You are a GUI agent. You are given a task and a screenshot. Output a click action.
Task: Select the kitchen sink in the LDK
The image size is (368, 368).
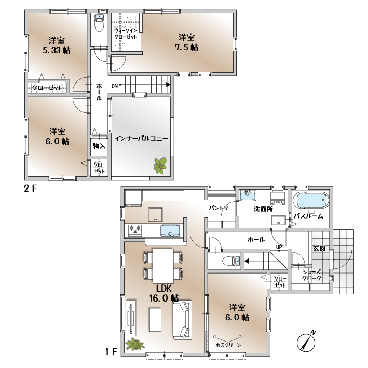170,230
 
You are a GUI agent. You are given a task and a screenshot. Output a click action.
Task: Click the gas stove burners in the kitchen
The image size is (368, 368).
135,230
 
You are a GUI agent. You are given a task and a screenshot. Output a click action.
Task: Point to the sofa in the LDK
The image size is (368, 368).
183,320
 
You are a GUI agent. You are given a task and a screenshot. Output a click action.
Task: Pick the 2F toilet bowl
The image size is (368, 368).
99,23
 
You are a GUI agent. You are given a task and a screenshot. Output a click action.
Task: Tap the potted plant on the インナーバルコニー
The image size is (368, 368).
160,166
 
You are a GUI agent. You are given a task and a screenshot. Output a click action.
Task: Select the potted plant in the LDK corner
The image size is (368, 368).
134,344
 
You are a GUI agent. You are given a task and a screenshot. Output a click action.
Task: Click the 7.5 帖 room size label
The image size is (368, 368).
186,47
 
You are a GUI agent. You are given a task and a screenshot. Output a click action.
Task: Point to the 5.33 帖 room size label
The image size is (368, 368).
57,50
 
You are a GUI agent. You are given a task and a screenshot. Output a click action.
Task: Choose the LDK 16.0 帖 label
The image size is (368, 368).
163,293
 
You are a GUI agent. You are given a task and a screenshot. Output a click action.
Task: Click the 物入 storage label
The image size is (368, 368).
99,146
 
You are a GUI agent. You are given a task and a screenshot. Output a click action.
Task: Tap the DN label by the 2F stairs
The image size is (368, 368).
114,86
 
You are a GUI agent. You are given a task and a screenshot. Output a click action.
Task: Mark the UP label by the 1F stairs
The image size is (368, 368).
279,247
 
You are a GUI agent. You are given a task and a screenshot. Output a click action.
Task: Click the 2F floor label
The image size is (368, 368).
31,188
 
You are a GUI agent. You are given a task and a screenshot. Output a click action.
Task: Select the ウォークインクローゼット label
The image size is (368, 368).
125,34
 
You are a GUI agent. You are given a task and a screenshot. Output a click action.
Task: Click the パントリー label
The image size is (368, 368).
221,208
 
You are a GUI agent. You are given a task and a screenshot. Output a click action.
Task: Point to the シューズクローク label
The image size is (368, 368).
311,275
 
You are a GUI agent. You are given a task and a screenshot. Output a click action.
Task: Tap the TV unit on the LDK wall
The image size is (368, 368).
131,317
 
